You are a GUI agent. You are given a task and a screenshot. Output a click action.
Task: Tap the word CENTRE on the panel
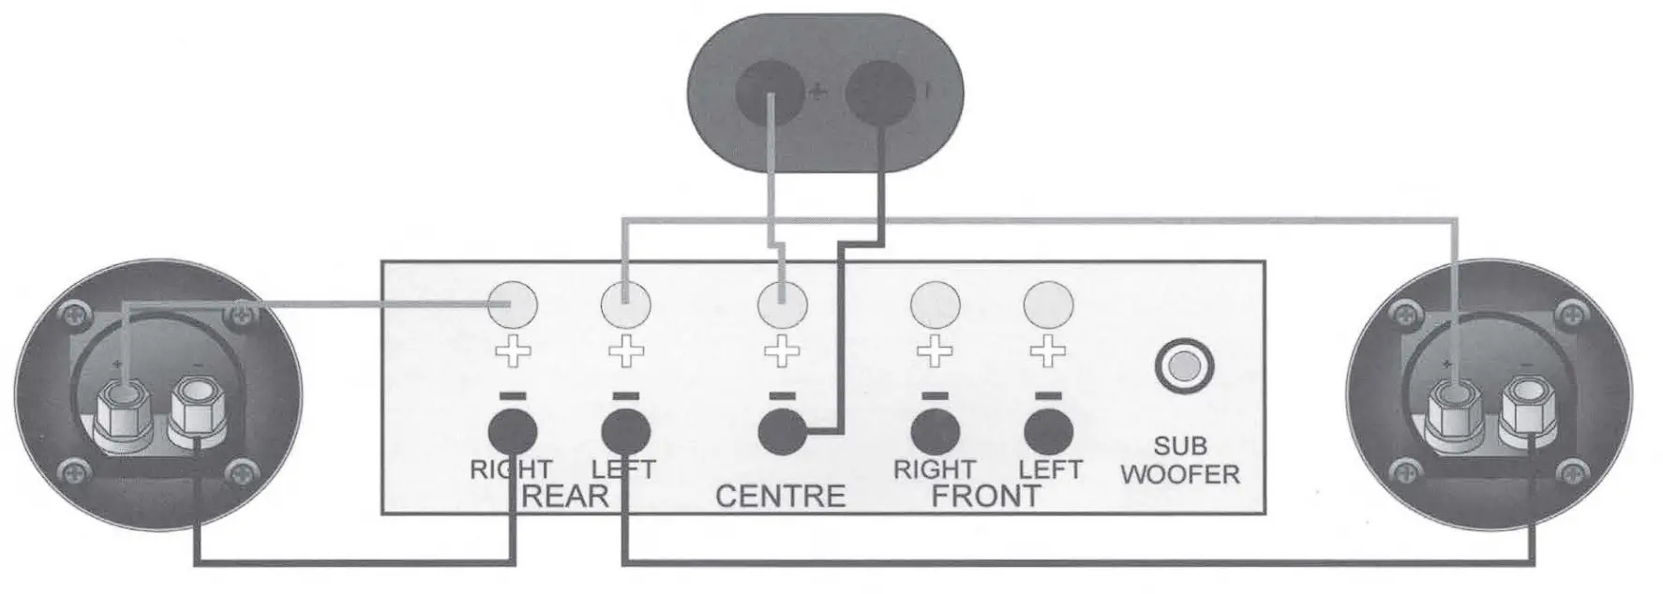[780, 494]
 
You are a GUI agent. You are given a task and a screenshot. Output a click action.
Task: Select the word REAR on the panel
[565, 494]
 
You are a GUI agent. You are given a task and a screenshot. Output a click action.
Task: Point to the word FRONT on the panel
[985, 495]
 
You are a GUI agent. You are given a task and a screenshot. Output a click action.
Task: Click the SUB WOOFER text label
[1180, 460]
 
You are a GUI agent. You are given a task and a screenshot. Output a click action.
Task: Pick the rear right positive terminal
[512, 304]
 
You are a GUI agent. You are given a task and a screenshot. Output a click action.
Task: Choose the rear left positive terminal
[624, 304]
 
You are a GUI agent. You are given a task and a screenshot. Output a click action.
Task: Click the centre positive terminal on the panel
[781, 304]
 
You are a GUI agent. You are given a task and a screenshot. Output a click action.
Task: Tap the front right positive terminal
[936, 304]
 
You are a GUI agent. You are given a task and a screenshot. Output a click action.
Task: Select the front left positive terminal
[1048, 304]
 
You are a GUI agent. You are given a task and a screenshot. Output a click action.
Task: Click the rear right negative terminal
[512, 432]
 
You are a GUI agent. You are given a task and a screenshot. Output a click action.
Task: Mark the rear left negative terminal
[625, 432]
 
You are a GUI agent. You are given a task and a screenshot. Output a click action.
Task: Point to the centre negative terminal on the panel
[781, 432]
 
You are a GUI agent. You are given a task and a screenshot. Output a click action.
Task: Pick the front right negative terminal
[936, 432]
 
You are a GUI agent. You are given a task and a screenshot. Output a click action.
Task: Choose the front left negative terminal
[1048, 432]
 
